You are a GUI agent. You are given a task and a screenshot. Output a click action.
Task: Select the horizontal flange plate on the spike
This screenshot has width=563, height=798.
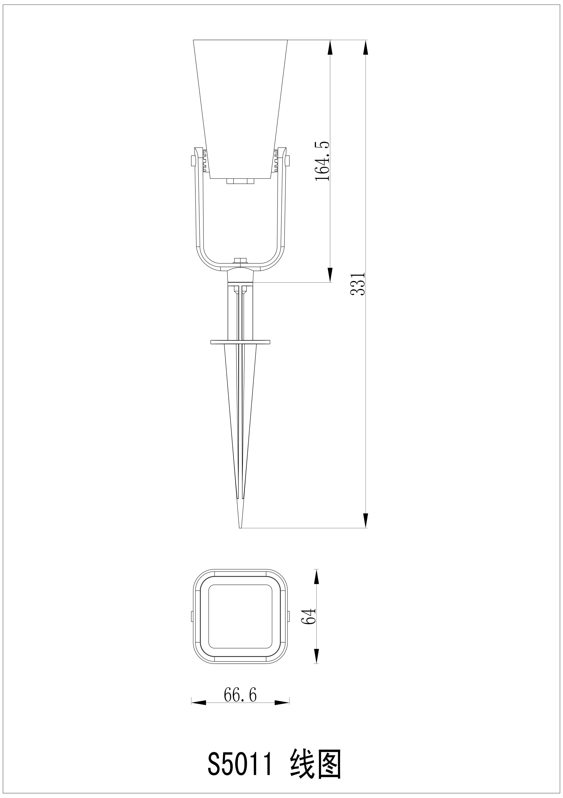240,342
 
